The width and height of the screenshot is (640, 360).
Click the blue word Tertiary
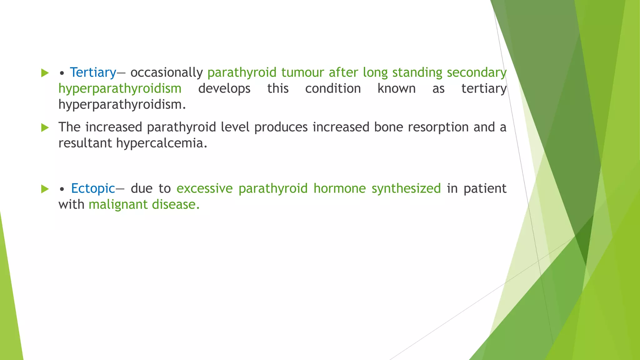click(93, 72)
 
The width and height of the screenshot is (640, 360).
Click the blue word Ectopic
click(93, 188)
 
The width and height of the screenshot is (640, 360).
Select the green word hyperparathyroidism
click(120, 89)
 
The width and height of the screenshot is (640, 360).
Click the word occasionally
click(166, 72)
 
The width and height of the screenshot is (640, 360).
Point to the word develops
click(224, 89)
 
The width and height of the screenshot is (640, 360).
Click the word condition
click(333, 89)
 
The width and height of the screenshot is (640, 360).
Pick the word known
click(396, 89)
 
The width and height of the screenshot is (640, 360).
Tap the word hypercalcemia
click(162, 143)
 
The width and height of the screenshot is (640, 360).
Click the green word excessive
click(204, 188)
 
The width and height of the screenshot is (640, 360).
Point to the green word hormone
click(339, 188)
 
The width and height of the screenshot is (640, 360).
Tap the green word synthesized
click(406, 188)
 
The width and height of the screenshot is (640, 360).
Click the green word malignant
click(118, 205)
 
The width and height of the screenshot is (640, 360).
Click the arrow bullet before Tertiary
click(45, 73)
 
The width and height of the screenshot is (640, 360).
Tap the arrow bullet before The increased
click(45, 127)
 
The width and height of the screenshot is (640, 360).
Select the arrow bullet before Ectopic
click(45, 189)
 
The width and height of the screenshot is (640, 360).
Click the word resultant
click(85, 143)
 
